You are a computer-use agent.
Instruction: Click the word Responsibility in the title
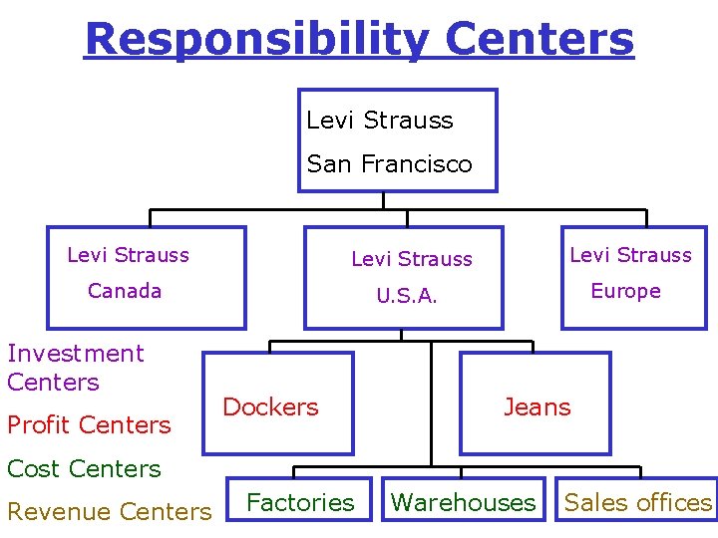(257, 40)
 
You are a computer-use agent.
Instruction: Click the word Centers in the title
(539, 40)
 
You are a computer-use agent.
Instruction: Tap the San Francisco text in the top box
(389, 164)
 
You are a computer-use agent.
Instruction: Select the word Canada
(125, 291)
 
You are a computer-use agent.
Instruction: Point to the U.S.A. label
(406, 296)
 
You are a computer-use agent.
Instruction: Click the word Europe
(625, 291)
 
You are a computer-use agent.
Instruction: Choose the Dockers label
(270, 406)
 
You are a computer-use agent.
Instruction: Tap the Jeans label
(537, 406)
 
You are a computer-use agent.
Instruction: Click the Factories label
(300, 503)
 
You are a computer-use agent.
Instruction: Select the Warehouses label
(463, 503)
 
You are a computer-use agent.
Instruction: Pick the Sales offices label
(638, 503)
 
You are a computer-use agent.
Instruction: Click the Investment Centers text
(76, 368)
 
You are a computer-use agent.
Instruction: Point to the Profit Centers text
(89, 425)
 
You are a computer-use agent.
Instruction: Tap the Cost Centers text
(84, 468)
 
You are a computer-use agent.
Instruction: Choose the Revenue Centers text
(109, 512)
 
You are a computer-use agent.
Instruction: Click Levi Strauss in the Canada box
(128, 255)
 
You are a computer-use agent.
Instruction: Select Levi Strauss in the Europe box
(630, 255)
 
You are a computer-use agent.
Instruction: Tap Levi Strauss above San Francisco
(379, 121)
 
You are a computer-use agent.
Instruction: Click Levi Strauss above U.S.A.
(412, 259)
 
